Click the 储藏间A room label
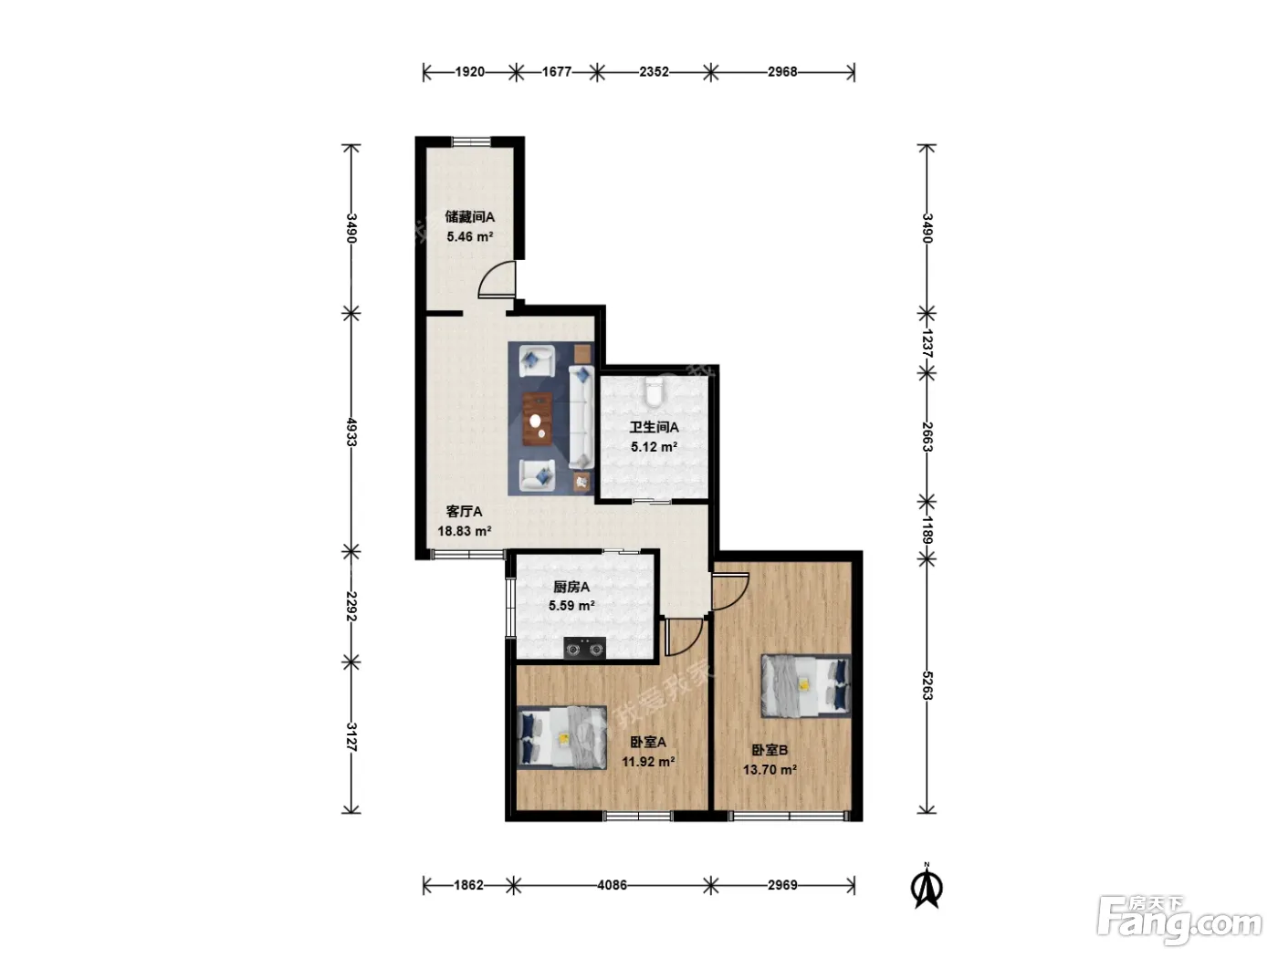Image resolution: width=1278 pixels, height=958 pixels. click(469, 217)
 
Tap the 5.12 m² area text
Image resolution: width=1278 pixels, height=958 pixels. click(654, 447)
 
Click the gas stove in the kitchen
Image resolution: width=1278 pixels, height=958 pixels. click(584, 648)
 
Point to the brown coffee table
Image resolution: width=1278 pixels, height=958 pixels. click(538, 419)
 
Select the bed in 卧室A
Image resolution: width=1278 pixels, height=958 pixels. click(561, 738)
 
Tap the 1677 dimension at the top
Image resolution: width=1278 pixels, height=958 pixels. click(557, 71)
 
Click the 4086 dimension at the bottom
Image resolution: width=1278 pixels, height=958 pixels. click(612, 885)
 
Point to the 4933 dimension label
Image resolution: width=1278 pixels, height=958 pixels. click(351, 432)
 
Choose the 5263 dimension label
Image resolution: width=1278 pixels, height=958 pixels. click(927, 686)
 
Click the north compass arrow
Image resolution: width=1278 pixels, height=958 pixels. click(927, 887)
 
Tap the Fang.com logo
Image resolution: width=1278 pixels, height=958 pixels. click(1179, 921)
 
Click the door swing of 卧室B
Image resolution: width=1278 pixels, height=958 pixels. click(730, 591)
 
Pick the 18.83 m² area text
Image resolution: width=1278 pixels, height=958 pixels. click(464, 531)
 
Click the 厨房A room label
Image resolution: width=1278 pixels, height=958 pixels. click(571, 587)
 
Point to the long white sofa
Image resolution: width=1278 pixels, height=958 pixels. click(581, 418)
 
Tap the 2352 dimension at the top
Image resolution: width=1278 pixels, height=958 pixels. click(654, 71)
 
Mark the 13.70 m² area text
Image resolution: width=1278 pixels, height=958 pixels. click(770, 769)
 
